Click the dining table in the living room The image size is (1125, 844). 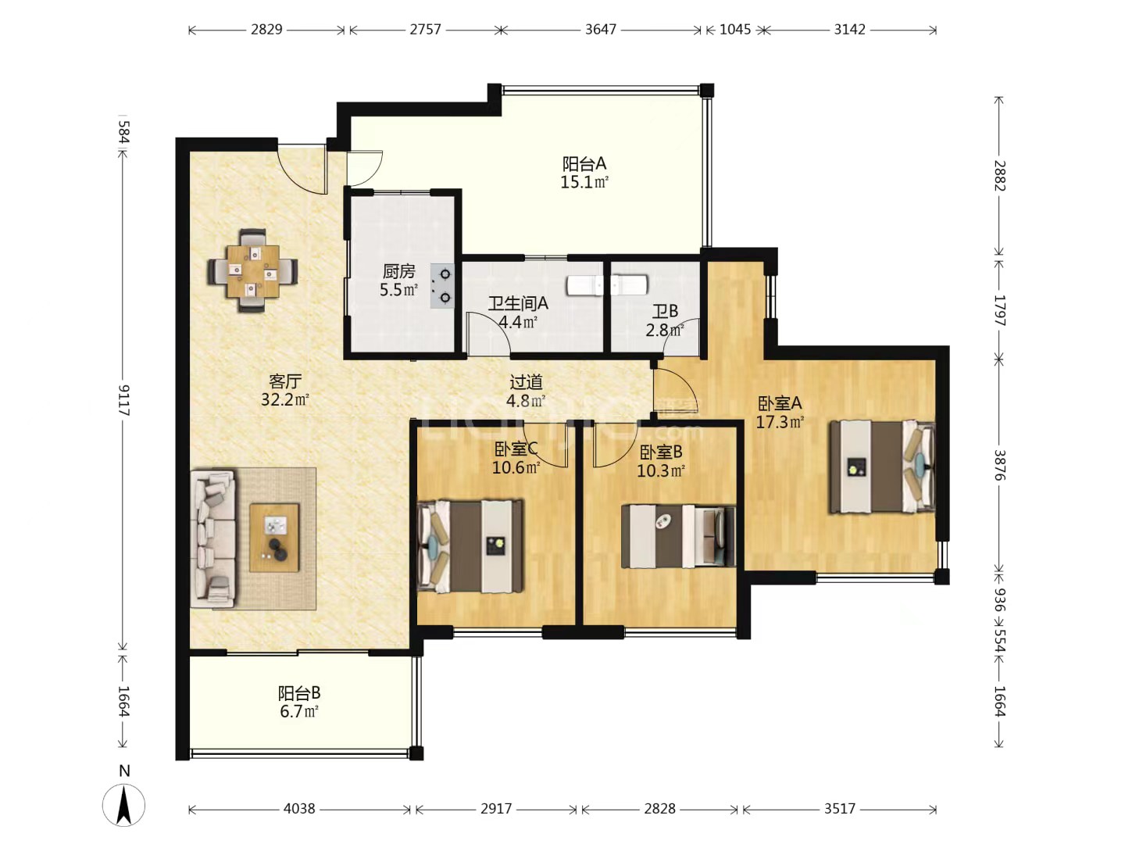(x=253, y=271)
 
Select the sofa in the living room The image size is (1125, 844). (x=213, y=538)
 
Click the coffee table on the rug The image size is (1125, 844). (x=274, y=538)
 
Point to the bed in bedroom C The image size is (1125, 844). (x=470, y=545)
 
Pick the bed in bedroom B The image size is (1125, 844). (x=679, y=536)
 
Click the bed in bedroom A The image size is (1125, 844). (x=882, y=467)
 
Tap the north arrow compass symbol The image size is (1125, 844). (x=123, y=805)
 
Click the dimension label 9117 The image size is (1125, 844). (x=123, y=400)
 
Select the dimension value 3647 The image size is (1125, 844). (x=601, y=30)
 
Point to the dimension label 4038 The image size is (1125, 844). (x=299, y=809)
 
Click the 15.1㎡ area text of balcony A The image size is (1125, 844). (x=584, y=182)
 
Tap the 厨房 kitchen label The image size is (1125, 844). (x=398, y=272)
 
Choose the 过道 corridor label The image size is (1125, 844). (x=526, y=382)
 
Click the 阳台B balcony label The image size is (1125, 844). (x=299, y=693)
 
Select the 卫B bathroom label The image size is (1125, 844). (x=665, y=310)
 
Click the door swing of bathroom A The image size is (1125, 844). (x=489, y=334)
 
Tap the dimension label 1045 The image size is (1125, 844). (x=735, y=30)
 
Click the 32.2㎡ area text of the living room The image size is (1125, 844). (x=285, y=399)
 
